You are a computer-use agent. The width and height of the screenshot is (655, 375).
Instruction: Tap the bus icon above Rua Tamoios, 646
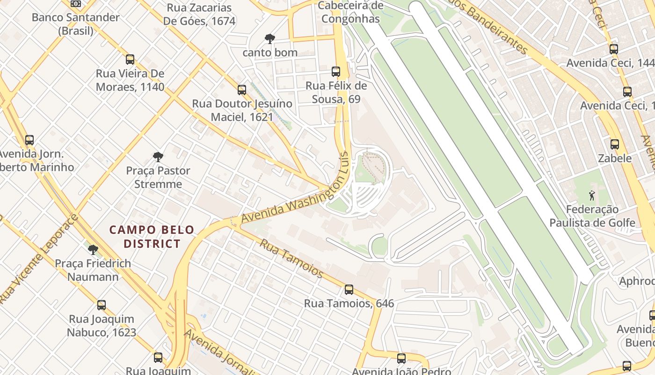point(349,290)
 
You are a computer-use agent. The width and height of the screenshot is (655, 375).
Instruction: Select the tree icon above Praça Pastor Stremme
point(158,157)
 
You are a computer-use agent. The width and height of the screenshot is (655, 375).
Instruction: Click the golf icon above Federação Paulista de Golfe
point(592,195)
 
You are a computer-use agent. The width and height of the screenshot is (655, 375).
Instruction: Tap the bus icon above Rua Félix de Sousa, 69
point(336,72)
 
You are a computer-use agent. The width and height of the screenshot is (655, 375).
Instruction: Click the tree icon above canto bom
point(269,38)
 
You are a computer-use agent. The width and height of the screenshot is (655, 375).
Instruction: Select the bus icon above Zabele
point(615,144)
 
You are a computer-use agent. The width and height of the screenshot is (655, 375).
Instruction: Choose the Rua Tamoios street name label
point(291,258)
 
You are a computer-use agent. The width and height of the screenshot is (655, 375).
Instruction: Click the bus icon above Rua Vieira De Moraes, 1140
point(130,60)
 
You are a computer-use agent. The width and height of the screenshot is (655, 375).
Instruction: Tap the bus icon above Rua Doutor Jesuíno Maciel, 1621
point(242,90)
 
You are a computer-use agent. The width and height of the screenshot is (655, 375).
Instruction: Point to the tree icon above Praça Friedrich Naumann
point(93,249)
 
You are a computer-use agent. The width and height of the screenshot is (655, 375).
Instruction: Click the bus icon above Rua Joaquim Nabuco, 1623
point(102,305)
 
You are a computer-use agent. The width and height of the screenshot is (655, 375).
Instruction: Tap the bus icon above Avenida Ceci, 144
point(614,49)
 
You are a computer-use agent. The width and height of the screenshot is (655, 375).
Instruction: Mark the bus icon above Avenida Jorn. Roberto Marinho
point(29,140)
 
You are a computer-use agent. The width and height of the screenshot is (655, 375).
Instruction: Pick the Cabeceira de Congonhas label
point(350,12)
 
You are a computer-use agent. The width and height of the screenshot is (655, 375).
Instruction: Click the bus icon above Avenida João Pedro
point(401,359)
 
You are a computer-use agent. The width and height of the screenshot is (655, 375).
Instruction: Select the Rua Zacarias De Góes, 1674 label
point(199,15)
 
